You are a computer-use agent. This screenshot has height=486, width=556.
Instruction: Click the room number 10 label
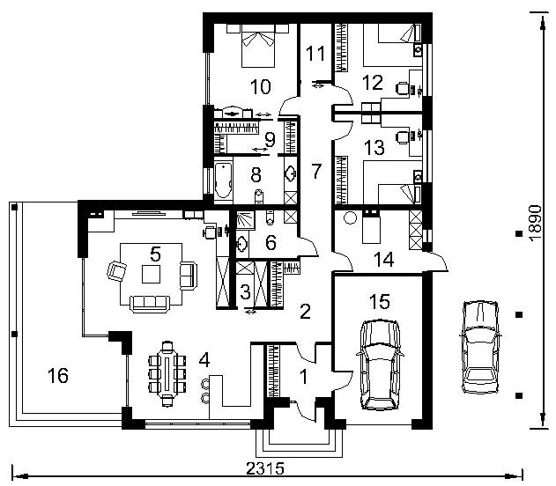(x=260, y=87)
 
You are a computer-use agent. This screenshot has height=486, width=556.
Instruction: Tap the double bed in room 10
(x=258, y=46)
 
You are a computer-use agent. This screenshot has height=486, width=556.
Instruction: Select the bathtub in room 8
(x=223, y=180)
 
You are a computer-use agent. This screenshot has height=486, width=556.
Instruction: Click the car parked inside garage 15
(x=380, y=364)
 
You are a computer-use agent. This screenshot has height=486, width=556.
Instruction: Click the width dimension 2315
(x=265, y=468)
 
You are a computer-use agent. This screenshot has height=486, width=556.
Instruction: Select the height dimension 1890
(x=536, y=223)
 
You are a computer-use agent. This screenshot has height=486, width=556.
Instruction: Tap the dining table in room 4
(x=167, y=373)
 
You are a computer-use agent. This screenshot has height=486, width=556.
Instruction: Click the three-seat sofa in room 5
(x=150, y=304)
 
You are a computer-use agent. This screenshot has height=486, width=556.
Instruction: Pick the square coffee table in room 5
(x=151, y=274)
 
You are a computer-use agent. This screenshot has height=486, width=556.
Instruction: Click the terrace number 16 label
(x=58, y=375)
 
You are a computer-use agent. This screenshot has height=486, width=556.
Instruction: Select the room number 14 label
(x=383, y=260)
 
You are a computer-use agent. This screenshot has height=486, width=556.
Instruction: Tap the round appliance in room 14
(x=350, y=217)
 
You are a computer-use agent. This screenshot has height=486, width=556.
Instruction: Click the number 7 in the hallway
(x=316, y=171)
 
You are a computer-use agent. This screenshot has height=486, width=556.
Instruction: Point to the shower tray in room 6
(x=246, y=220)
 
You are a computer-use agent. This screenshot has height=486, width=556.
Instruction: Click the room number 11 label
(x=315, y=54)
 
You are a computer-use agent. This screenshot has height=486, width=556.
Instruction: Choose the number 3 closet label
(x=245, y=292)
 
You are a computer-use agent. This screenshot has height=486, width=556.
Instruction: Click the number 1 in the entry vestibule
(x=303, y=377)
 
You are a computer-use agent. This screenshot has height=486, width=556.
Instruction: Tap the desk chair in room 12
(x=403, y=88)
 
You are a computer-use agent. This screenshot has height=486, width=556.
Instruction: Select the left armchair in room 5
(x=116, y=270)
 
